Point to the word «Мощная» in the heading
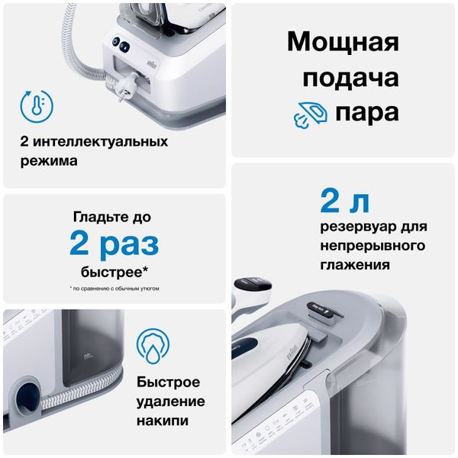click(x=343, y=43)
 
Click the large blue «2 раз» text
click(x=114, y=244)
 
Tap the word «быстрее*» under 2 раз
click(x=114, y=272)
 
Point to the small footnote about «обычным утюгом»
click(x=114, y=289)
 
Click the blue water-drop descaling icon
click(x=153, y=346)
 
